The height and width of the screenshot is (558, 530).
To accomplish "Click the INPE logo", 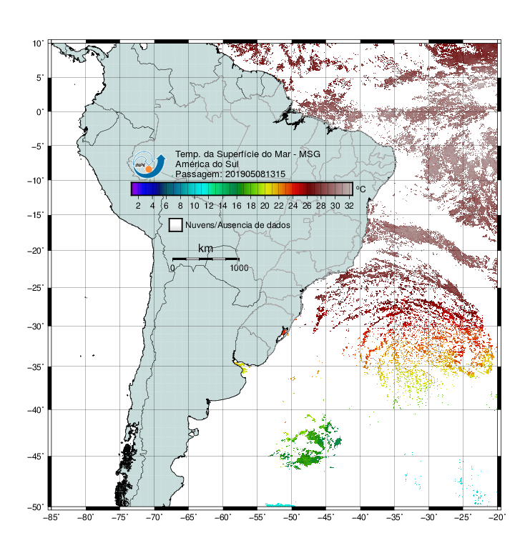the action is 149,164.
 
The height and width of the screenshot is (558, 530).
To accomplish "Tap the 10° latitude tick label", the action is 38,44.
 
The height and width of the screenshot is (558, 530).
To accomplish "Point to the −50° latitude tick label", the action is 36,507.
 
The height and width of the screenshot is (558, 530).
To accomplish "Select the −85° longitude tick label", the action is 51,517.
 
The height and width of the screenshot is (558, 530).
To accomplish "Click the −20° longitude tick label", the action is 497,517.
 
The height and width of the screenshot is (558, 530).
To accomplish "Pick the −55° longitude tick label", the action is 257,517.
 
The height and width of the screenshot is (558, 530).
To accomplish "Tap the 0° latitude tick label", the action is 40,112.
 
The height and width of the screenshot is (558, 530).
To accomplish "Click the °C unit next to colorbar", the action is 360,189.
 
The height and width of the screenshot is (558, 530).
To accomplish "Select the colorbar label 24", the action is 293,206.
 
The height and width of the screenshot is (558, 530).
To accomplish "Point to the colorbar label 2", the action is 138,206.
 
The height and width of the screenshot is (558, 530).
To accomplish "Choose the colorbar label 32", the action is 349,206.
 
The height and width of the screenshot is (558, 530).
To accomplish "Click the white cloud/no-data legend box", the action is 176,225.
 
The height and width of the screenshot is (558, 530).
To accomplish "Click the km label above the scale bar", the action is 205,249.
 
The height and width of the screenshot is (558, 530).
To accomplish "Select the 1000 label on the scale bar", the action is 239,268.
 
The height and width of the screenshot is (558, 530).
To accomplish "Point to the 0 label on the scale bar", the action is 172,268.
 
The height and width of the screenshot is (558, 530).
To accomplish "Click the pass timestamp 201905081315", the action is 255,174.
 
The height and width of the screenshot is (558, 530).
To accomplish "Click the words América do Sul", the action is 207,164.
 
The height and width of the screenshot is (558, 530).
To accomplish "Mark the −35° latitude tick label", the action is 36,367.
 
